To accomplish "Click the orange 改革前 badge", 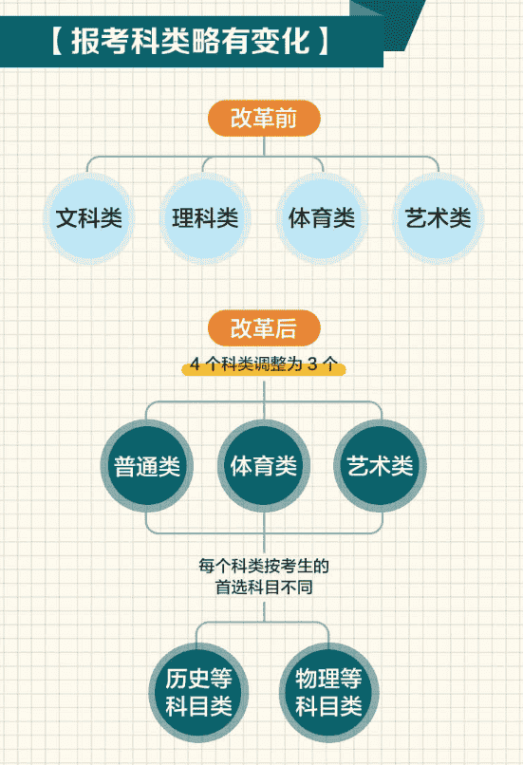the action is coord(264,118).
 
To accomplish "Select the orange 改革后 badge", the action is coord(264,327).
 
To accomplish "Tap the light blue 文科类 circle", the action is coord(89,218).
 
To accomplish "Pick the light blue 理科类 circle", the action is coord(205,218).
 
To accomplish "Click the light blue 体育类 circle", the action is coord(322,218).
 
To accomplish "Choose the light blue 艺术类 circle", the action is coord(439,218).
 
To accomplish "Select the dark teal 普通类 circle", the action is coord(147,466).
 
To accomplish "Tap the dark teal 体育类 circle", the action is coord(264,466).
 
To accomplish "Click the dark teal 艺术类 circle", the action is coord(380,466).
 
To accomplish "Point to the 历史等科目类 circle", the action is coord(198,692).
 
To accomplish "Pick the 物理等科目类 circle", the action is coord(328,692).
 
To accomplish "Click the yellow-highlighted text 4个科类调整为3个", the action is coord(264,364).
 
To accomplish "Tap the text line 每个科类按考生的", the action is coord(264,566).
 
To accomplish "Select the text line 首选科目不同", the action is coord(264,587).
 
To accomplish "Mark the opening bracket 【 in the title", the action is coord(57,41).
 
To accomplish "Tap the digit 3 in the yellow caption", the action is coord(312,364).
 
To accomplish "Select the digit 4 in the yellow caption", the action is coord(195,364).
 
